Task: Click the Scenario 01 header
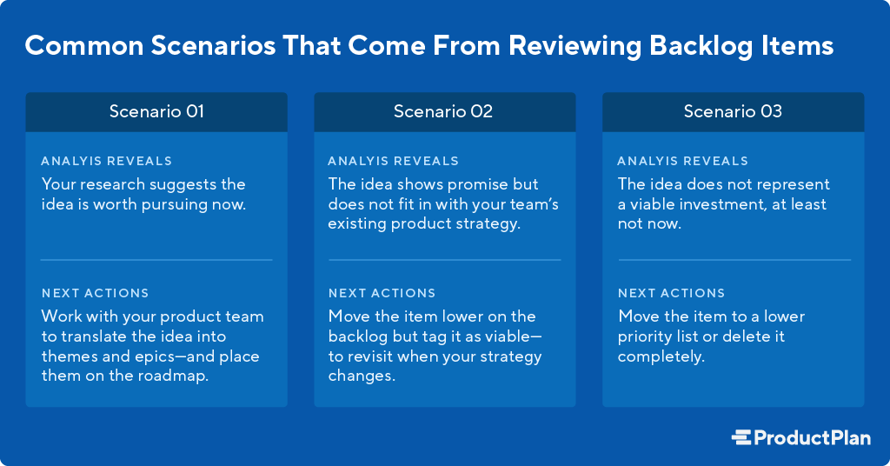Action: point(156,112)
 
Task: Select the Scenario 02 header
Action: point(444,112)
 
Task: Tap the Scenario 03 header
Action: point(733,112)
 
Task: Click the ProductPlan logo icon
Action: point(741,437)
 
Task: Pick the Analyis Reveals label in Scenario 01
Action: point(107,161)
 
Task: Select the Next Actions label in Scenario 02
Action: point(382,294)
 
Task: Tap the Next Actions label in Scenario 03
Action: point(672,294)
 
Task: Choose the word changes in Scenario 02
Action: point(362,376)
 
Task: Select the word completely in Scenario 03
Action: point(661,357)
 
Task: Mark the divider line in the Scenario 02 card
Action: point(445,260)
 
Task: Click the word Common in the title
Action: point(84,46)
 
